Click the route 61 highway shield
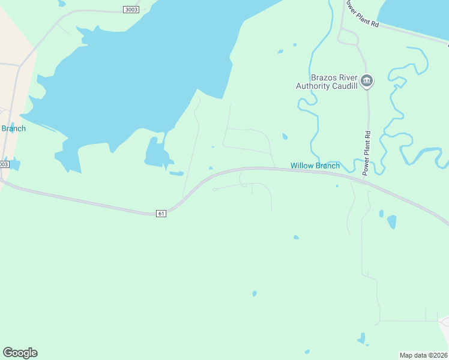(x=160, y=214)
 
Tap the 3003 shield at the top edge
(x=130, y=9)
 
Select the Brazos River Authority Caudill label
(x=327, y=82)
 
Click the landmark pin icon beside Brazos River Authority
(x=367, y=80)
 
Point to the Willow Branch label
(x=315, y=166)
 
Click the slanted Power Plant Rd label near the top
(x=361, y=13)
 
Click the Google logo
(x=20, y=352)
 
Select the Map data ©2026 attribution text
(x=423, y=355)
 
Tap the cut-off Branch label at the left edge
(x=13, y=128)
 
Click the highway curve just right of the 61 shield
(x=180, y=201)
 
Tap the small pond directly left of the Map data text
(x=361, y=339)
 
